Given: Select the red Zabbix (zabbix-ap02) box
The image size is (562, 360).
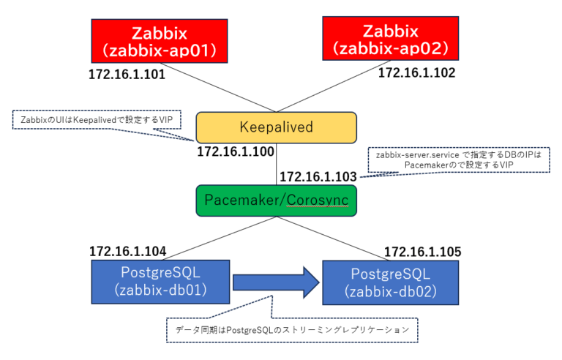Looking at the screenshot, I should [x=391, y=40].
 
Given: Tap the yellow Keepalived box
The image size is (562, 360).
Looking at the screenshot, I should [x=276, y=127].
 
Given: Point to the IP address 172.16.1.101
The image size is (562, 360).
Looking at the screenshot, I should [x=127, y=75].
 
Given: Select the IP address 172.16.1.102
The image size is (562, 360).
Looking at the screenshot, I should [x=416, y=72].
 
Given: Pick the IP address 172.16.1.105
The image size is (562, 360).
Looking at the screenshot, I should [x=422, y=251].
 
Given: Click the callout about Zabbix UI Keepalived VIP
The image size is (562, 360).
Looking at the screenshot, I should [x=96, y=119].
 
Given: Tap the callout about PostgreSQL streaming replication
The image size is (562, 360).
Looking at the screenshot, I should [x=293, y=330].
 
